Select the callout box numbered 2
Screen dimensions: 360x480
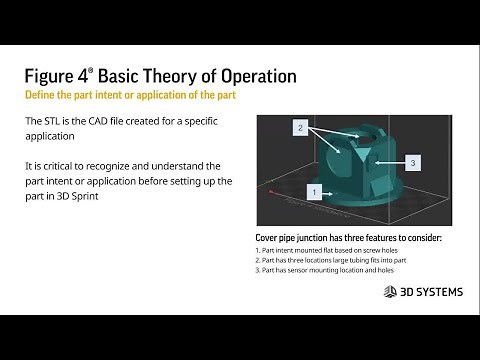[298, 128]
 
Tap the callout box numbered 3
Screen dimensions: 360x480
[413, 162]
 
